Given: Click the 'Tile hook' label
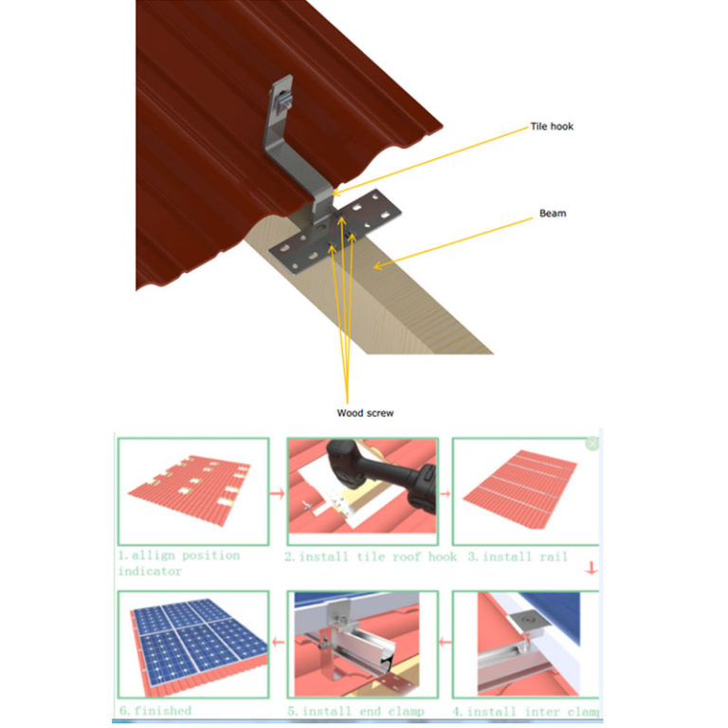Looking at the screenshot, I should [551, 126].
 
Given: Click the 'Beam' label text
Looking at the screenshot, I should [553, 213].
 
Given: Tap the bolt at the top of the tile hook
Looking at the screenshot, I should [282, 99].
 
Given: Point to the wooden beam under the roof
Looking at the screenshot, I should [398, 294].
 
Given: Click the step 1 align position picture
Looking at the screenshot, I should [192, 490].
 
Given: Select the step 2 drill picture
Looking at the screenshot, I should [362, 490].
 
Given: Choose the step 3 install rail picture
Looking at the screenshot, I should [523, 490].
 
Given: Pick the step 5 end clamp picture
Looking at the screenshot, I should [362, 645].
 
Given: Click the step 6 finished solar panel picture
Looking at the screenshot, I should [192, 645].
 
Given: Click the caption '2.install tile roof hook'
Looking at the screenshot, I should [370, 556].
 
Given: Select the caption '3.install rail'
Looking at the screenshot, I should [518, 556].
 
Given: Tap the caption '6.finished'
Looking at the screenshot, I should [155, 710].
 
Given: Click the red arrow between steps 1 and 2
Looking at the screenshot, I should [278, 494].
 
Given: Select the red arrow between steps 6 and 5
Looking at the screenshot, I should [278, 643].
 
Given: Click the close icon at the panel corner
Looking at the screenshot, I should [592, 443].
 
